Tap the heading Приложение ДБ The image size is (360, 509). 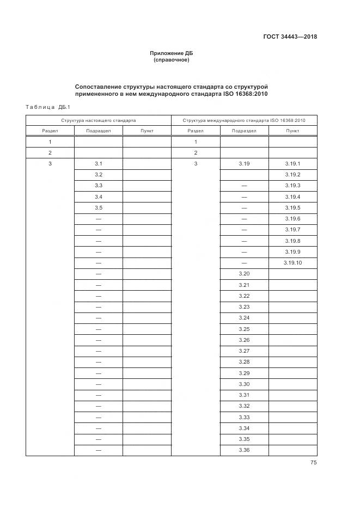pyautogui.click(x=172, y=53)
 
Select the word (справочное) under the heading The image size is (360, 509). pyautogui.click(x=172, y=60)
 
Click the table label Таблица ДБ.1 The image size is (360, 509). pyautogui.click(x=45, y=107)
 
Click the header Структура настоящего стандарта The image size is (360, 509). pyautogui.click(x=99, y=120)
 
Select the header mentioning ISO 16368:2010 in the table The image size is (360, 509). pyautogui.click(x=244, y=120)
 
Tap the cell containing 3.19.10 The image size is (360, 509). pyautogui.click(x=292, y=263)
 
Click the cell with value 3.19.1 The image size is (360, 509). pyautogui.click(x=292, y=164)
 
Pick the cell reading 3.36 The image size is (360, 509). pyautogui.click(x=244, y=450)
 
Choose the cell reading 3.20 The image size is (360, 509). pyautogui.click(x=244, y=274)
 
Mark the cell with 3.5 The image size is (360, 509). pyautogui.click(x=99, y=208)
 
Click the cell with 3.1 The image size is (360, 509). pyautogui.click(x=99, y=164)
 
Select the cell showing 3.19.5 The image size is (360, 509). pyautogui.click(x=292, y=208)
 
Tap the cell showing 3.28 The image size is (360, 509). pyautogui.click(x=244, y=362)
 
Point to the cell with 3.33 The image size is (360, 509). pyautogui.click(x=244, y=417)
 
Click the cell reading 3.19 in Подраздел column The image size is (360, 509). pyautogui.click(x=244, y=164)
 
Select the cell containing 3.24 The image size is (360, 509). pyautogui.click(x=244, y=318)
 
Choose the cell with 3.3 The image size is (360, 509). pyautogui.click(x=99, y=186)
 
